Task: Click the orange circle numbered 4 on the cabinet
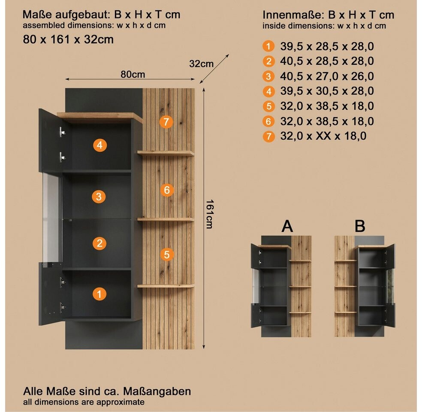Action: click(x=100, y=145)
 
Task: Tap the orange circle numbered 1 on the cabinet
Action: click(x=99, y=294)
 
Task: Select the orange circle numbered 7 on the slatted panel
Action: click(x=166, y=122)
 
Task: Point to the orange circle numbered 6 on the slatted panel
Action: click(x=167, y=190)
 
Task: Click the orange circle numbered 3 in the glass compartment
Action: click(x=99, y=197)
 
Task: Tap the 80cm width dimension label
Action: click(x=133, y=74)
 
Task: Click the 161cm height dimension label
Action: click(x=210, y=214)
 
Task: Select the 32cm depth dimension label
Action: click(x=201, y=64)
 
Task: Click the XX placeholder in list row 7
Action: click(x=323, y=136)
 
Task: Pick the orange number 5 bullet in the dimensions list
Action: click(x=268, y=106)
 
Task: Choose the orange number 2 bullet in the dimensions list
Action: click(x=268, y=61)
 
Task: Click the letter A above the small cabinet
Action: click(x=287, y=226)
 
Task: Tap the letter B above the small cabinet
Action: click(x=360, y=226)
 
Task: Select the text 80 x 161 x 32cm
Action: click(x=68, y=39)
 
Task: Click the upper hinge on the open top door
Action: click(x=62, y=132)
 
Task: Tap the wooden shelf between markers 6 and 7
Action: click(x=166, y=153)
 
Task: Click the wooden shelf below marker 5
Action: click(x=166, y=286)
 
